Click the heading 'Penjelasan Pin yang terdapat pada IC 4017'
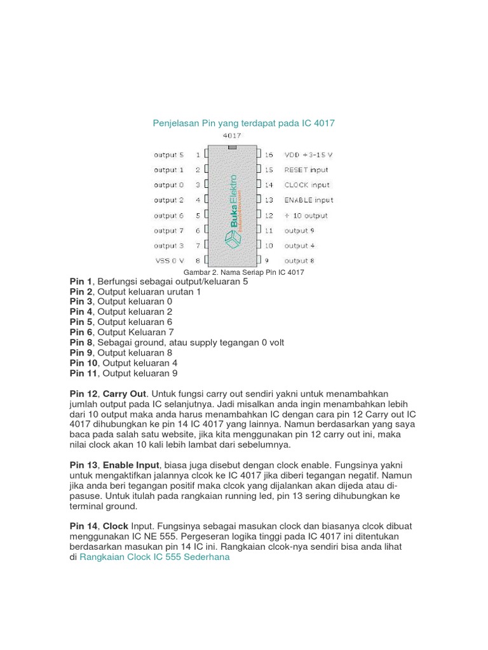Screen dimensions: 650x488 [x=243, y=123]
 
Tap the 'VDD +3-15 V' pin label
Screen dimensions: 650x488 [x=308, y=154]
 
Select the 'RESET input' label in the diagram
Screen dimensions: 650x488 [x=306, y=169]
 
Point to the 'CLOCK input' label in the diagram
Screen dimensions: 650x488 [x=307, y=185]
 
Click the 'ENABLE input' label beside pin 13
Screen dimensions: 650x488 [x=308, y=200]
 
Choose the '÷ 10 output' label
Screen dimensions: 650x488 [x=306, y=215]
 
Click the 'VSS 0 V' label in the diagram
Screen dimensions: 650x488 [x=170, y=260]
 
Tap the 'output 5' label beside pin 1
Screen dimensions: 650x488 [x=168, y=154]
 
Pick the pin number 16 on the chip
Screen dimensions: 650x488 [x=269, y=154]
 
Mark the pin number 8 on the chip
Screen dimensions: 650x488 [x=198, y=260]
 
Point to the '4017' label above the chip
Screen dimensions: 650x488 [x=231, y=135]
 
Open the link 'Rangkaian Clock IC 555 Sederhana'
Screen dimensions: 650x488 [x=154, y=557]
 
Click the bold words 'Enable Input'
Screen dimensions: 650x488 [x=130, y=465]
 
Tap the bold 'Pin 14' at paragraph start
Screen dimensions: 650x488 [x=84, y=526]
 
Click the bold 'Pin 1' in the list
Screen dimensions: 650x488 [x=81, y=281]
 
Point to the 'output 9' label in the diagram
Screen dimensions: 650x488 [x=299, y=230]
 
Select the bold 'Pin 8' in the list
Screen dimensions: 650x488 [x=81, y=342]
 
